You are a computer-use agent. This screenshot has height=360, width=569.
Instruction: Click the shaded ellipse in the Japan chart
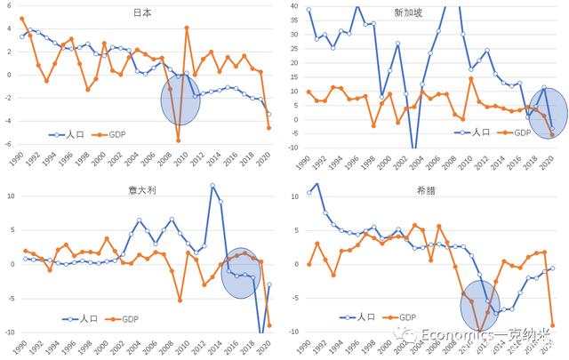click(x=180, y=100)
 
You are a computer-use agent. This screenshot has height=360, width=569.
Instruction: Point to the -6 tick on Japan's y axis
click(x=10, y=144)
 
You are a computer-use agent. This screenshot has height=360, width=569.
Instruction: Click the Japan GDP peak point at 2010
click(x=187, y=28)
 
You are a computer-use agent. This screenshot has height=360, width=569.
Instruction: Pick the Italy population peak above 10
click(x=212, y=186)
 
